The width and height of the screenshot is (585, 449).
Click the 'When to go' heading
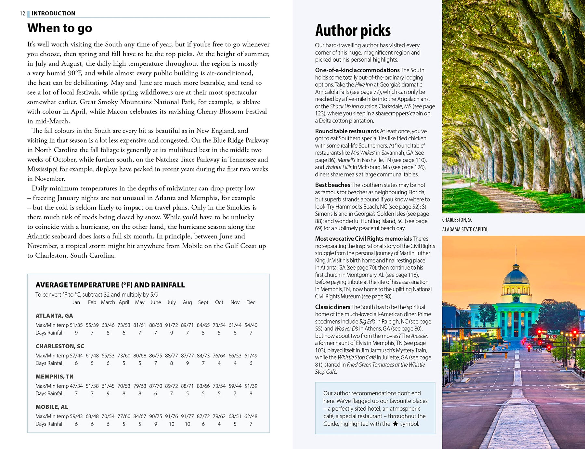pyautogui.click(x=60, y=28)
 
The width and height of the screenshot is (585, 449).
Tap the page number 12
pyautogui.click(x=22, y=13)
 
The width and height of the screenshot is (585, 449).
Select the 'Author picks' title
pyautogui.click(x=353, y=31)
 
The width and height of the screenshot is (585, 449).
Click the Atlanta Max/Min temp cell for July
pyautogui.click(x=171, y=325)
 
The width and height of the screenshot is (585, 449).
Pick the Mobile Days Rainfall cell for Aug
pyautogui.click(x=188, y=424)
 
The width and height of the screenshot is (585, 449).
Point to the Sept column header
pyautogui.click(x=203, y=302)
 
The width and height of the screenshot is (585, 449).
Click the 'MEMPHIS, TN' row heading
pyautogui.click(x=55, y=377)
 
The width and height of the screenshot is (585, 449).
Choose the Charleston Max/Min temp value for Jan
pyautogui.click(x=76, y=355)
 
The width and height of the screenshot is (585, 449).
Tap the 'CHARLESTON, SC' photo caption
pyautogui.click(x=457, y=220)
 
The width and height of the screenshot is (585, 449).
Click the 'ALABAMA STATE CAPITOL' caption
pyautogui.click(x=465, y=229)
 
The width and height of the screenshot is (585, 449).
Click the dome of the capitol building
pyautogui.click(x=516, y=276)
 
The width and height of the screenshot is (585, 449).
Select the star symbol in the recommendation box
pyautogui.click(x=395, y=424)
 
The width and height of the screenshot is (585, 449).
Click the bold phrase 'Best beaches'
pyautogui.click(x=332, y=185)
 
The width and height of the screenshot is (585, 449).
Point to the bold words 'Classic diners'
pyautogui.click(x=332, y=307)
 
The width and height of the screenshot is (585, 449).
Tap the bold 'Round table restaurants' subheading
pyautogui.click(x=347, y=131)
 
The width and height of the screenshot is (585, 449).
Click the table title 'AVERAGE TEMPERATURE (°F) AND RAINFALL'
pyautogui.click(x=110, y=285)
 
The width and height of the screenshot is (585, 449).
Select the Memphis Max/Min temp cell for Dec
pyautogui.click(x=251, y=386)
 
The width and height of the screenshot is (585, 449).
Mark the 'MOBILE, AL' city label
pyautogui.click(x=52, y=407)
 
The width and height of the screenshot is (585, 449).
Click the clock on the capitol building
pyautogui.click(x=516, y=299)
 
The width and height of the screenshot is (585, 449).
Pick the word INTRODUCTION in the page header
pyautogui.click(x=53, y=13)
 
